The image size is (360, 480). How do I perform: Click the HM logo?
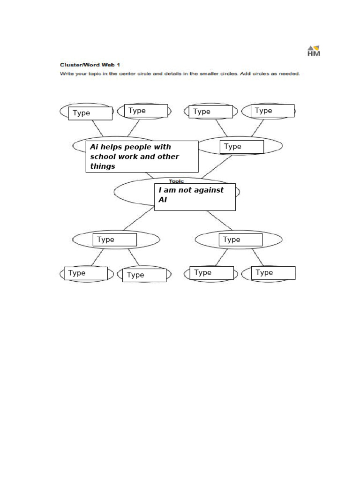pyautogui.click(x=314, y=51)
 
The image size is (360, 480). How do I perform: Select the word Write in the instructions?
pyautogui.click(x=65, y=74)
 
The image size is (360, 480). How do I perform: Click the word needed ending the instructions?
pyautogui.click(x=289, y=74)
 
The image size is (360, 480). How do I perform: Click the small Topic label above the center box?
pyautogui.click(x=177, y=181)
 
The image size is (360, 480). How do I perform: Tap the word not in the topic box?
pyautogui.click(x=182, y=190)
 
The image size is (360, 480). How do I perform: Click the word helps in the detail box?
pyautogui.click(x=111, y=147)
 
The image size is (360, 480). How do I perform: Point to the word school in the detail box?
pyautogui.click(x=102, y=157)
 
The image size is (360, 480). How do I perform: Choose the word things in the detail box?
pyautogui.click(x=103, y=166)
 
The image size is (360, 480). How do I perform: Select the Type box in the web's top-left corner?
pyautogui.click(x=90, y=113)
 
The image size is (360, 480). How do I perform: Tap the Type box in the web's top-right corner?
pyautogui.click(x=272, y=111)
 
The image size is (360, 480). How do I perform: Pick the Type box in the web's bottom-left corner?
pyautogui.click(x=86, y=273)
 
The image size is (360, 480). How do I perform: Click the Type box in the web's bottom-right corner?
pyautogui.click(x=273, y=273)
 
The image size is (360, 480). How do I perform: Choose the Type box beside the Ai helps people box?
pyautogui.click(x=241, y=147)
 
